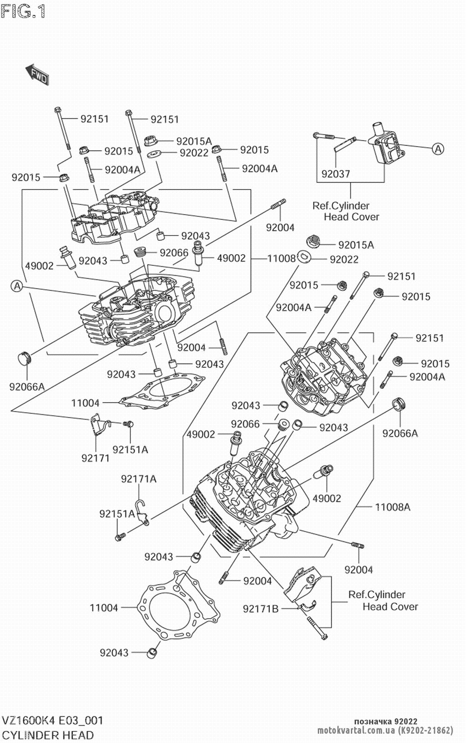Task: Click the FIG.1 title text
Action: pyautogui.click(x=23, y=10)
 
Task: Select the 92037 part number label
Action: pyautogui.click(x=336, y=174)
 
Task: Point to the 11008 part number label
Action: pyautogui.click(x=281, y=258)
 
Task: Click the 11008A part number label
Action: pyautogui.click(x=392, y=507)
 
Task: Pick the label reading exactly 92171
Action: pyautogui.click(x=96, y=458)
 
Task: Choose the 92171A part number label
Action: pyautogui.click(x=139, y=479)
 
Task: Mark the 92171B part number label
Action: pyautogui.click(x=260, y=608)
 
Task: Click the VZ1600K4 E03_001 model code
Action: pyautogui.click(x=52, y=721)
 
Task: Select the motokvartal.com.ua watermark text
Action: pyautogui.click(x=360, y=729)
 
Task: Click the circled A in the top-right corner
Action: pyautogui.click(x=438, y=149)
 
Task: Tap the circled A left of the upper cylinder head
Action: pyautogui.click(x=16, y=286)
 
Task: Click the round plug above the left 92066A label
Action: pyautogui.click(x=26, y=359)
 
